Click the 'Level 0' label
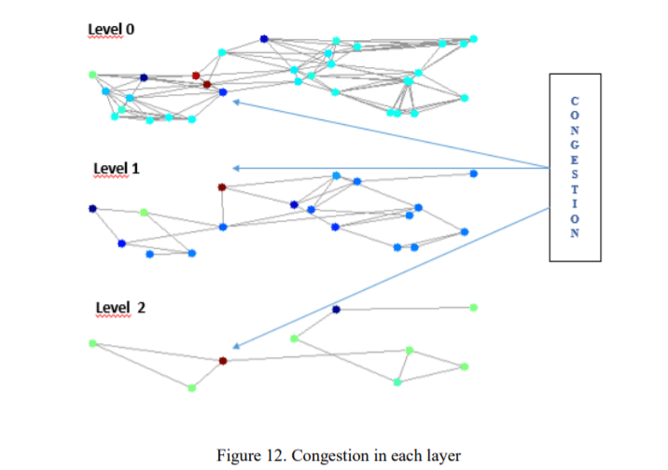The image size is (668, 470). pos(111,29)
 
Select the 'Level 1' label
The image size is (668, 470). pos(116,168)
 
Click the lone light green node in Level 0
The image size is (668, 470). pos(92,75)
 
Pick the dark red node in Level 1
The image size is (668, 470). pos(222,187)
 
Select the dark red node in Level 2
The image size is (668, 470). pos(222,360)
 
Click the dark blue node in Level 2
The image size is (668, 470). pos(336,309)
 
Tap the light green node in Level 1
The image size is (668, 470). pos(144,213)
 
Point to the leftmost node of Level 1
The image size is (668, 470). pos(92,208)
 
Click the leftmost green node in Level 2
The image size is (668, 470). pos(92,343)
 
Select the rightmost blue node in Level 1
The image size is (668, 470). pos(473,173)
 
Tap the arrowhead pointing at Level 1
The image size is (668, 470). pos(235,168)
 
